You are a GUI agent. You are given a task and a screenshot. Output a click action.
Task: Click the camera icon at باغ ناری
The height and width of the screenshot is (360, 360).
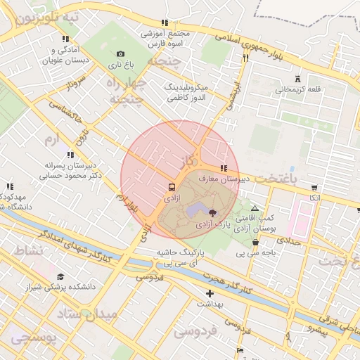[120, 54]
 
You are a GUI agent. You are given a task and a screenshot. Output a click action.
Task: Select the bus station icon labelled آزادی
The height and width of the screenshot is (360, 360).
[172, 188]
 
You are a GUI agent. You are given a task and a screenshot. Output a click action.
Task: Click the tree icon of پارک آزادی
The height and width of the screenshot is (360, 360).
[214, 212]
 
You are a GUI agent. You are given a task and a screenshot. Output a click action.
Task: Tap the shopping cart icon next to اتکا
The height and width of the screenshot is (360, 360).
[314, 188]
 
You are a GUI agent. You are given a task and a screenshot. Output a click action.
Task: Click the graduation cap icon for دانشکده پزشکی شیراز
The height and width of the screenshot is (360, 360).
[60, 276]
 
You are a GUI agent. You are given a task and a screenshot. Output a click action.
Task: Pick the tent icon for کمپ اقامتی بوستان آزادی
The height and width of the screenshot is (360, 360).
[255, 208]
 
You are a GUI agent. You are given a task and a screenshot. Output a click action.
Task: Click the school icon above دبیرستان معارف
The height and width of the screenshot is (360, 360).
[224, 169]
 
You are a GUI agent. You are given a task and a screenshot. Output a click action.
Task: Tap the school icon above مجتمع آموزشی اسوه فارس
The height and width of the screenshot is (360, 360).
[165, 22]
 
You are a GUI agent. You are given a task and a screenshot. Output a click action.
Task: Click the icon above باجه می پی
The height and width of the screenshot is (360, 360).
[255, 243]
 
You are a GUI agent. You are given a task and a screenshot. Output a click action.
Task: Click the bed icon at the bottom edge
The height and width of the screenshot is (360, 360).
[240, 350]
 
